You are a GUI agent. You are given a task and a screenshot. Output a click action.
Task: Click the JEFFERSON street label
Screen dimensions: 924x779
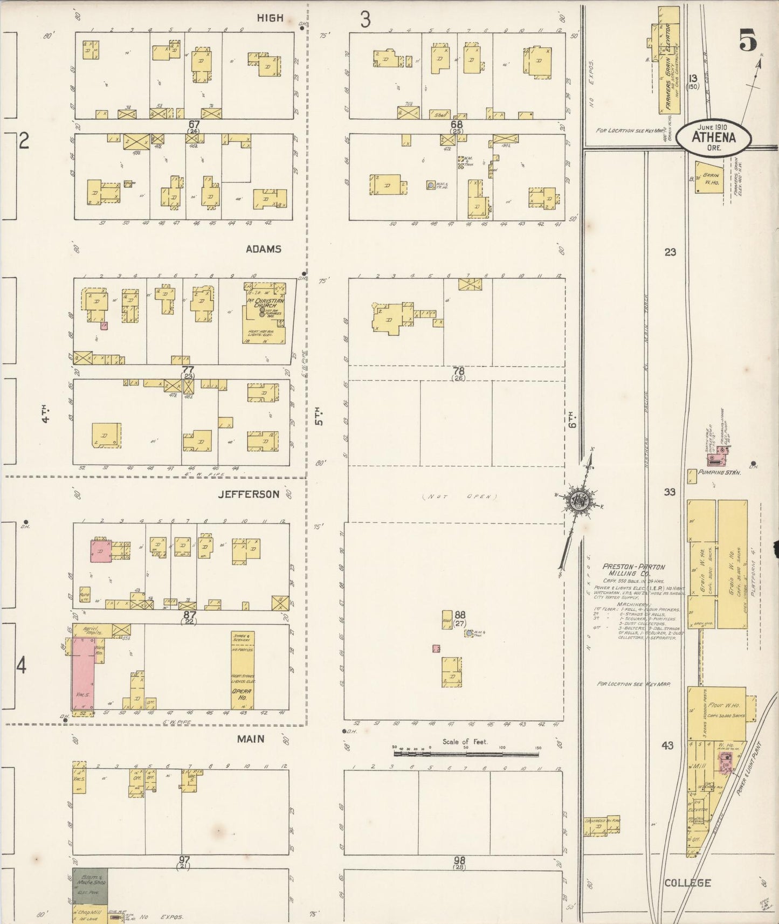click(x=249, y=494)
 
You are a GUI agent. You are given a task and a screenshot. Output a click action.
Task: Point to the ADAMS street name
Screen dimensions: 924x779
click(x=263, y=249)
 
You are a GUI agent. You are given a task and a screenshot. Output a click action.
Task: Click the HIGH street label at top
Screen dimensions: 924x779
click(x=270, y=18)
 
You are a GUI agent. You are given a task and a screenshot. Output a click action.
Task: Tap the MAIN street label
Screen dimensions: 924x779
click(x=251, y=739)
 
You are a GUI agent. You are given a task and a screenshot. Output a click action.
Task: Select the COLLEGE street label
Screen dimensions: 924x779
click(x=687, y=883)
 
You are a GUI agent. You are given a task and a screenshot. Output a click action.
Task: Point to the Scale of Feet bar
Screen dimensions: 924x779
click(x=466, y=753)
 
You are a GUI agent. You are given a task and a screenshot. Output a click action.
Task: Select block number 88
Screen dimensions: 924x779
click(x=459, y=615)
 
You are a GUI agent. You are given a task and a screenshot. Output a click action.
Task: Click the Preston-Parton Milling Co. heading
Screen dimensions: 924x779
click(x=633, y=570)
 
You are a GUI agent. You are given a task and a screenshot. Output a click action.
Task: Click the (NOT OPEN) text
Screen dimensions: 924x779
click(x=459, y=497)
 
